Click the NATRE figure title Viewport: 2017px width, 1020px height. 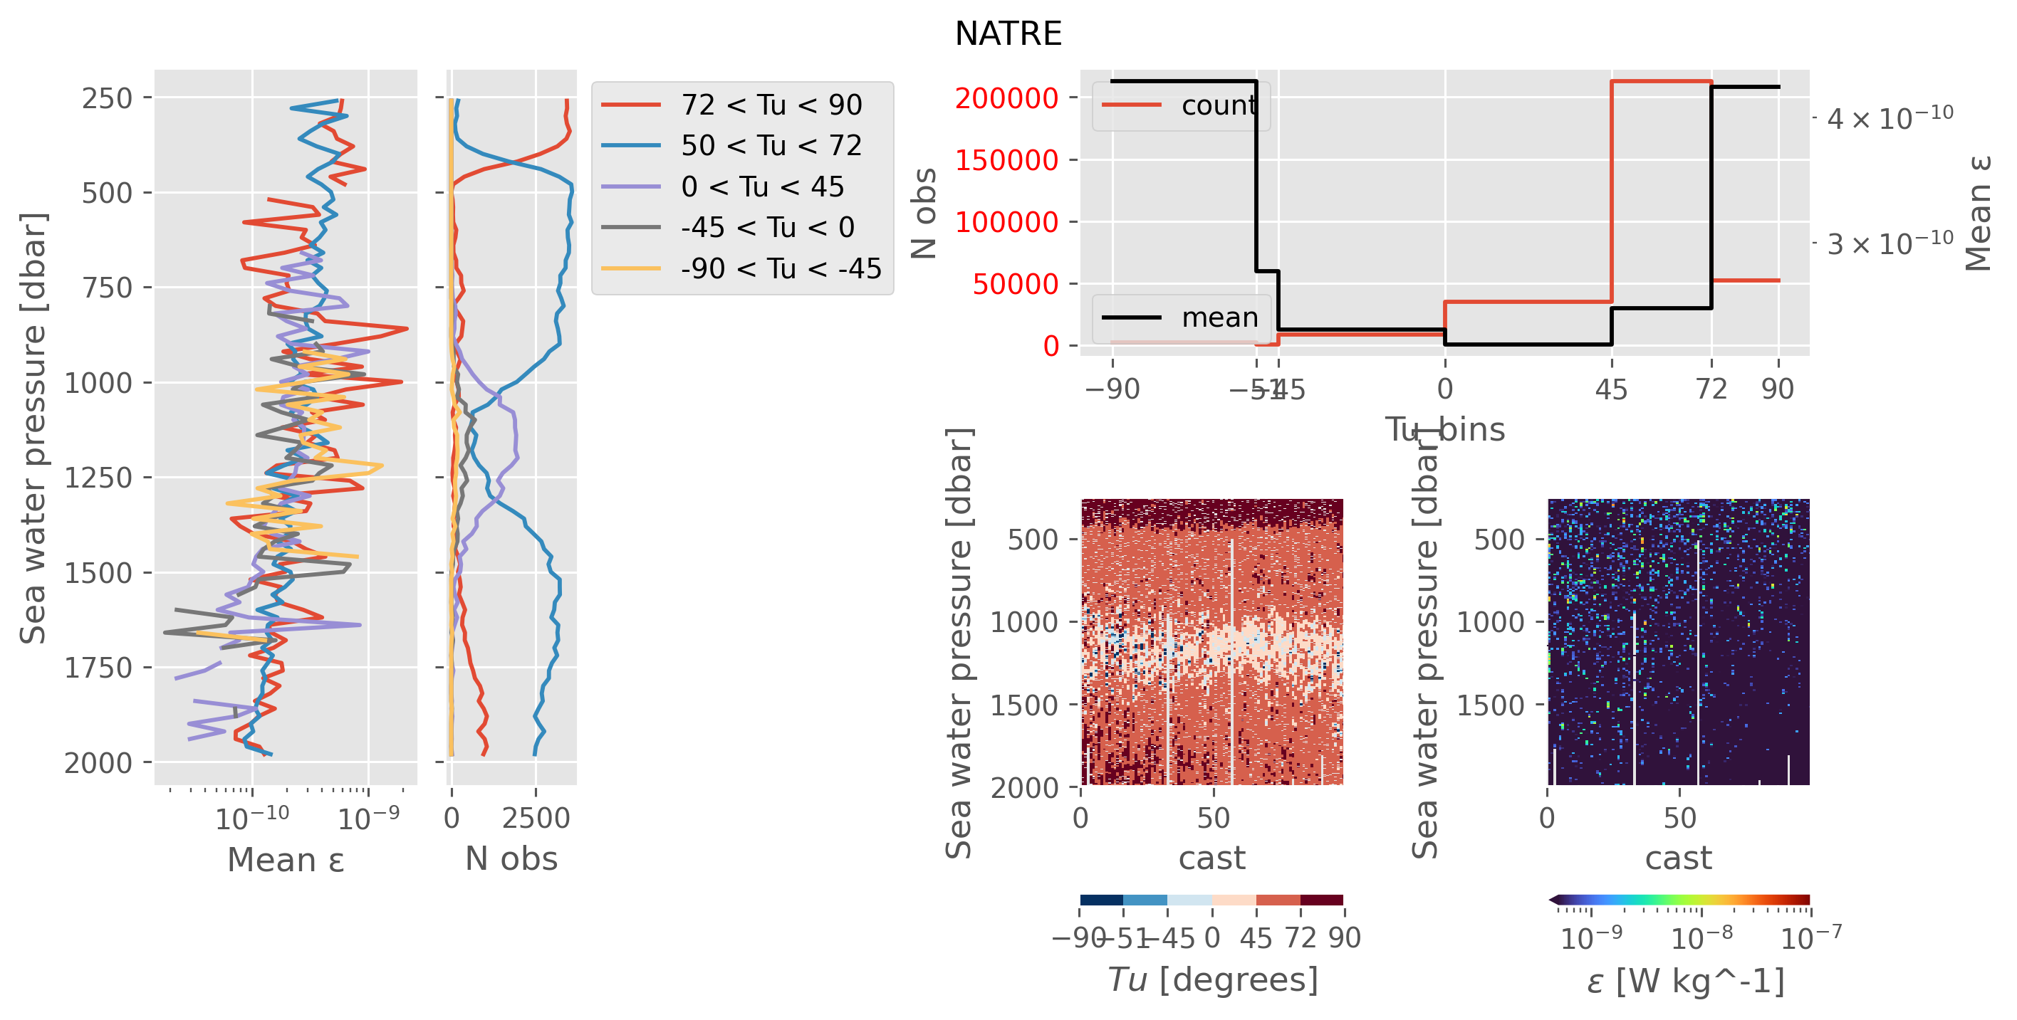(1008, 33)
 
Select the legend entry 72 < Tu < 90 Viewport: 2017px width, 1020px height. (771, 104)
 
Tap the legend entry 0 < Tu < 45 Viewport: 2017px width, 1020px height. (762, 186)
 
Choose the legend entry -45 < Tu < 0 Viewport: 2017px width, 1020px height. (767, 227)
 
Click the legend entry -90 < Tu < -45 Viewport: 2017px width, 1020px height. (781, 268)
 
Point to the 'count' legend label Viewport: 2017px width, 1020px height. (1219, 105)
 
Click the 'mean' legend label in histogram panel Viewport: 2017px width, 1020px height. (1219, 317)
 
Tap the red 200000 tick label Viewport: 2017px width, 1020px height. (1006, 99)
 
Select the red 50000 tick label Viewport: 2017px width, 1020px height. (1015, 284)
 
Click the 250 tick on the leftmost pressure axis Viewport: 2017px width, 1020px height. (108, 99)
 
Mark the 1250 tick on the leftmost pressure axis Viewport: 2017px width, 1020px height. (98, 478)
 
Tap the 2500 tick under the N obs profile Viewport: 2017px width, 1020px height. (536, 818)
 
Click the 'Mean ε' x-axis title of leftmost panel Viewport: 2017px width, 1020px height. (286, 860)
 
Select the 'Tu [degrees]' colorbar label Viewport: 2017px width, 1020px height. (1212, 979)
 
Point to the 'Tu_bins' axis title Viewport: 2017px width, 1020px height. (1444, 429)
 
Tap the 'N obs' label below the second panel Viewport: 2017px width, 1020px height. (511, 858)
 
